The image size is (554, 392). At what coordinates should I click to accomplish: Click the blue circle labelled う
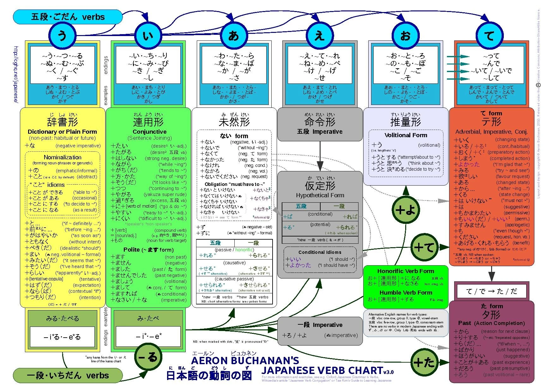click(x=62, y=35)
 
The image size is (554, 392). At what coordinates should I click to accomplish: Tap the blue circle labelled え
click(x=320, y=35)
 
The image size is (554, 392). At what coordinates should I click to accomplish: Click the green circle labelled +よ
click(x=405, y=210)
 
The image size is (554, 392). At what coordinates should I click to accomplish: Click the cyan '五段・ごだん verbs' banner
click(x=68, y=17)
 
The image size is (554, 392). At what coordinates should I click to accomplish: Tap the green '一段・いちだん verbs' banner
click(x=68, y=376)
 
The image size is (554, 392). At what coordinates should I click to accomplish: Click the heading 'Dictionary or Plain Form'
click(x=62, y=132)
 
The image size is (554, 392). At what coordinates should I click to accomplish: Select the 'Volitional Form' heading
click(x=406, y=135)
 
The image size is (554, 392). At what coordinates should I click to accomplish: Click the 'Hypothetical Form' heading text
click(x=320, y=195)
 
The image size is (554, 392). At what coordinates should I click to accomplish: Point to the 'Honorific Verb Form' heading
click(x=406, y=271)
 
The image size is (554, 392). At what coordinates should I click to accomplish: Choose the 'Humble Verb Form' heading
click(x=406, y=292)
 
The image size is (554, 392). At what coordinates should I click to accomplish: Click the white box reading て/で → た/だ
click(x=491, y=291)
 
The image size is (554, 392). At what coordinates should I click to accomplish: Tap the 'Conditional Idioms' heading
click(x=320, y=252)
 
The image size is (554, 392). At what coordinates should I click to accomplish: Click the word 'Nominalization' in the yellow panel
click(x=62, y=157)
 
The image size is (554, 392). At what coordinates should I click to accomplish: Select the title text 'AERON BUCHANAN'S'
click(x=245, y=361)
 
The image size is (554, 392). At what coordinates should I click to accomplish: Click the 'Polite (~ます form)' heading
click(x=148, y=249)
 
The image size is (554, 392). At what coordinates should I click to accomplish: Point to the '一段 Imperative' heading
click(x=320, y=325)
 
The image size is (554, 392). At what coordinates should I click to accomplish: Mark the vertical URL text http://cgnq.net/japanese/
click(x=16, y=75)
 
